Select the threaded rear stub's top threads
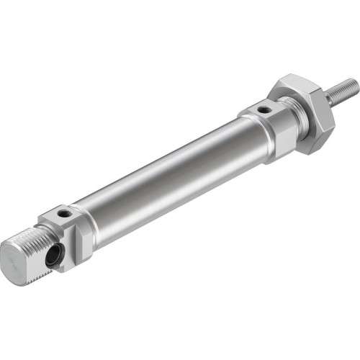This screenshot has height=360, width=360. pyautogui.click(x=32, y=234)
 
